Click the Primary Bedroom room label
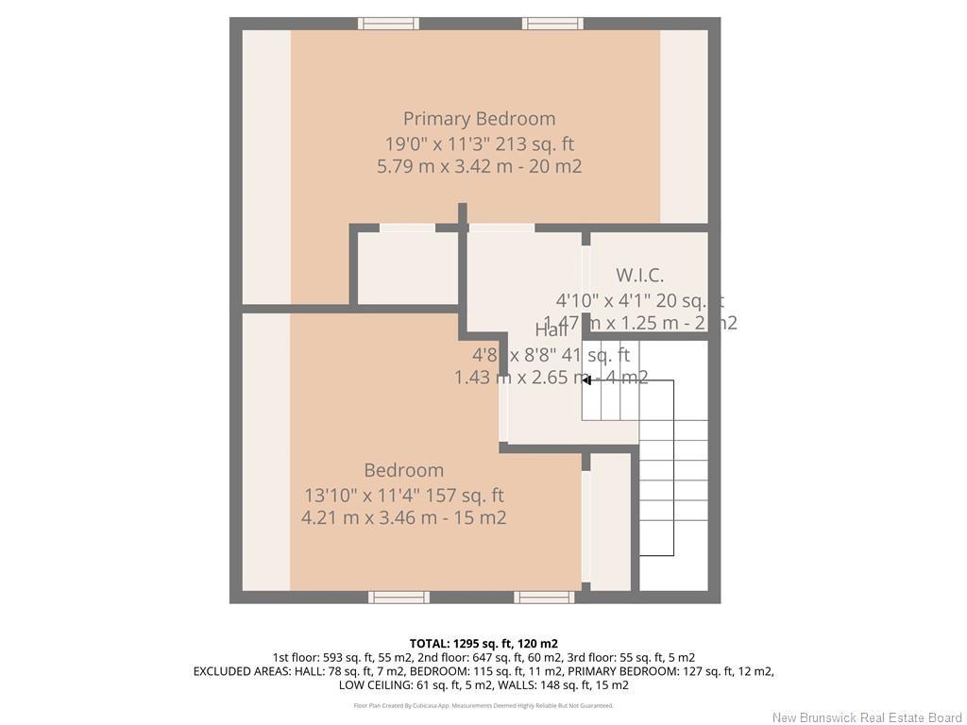tap(479, 119)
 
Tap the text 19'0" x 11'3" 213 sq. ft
tap(479, 143)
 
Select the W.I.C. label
tap(639, 276)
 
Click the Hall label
tap(551, 330)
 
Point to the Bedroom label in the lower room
tap(403, 470)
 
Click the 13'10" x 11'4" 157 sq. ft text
tap(403, 495)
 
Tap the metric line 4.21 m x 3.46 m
tap(403, 517)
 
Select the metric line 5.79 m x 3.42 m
tap(479, 166)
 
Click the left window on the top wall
tap(387, 24)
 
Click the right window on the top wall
tap(552, 24)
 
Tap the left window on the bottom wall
tap(399, 597)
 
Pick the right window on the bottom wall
tap(544, 597)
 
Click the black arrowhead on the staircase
tap(586, 380)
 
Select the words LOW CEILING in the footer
tap(375, 685)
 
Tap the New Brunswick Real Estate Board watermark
tap(866, 717)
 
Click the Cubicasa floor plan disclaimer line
tap(483, 705)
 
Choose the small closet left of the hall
tap(408, 269)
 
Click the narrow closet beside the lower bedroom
tap(610, 521)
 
